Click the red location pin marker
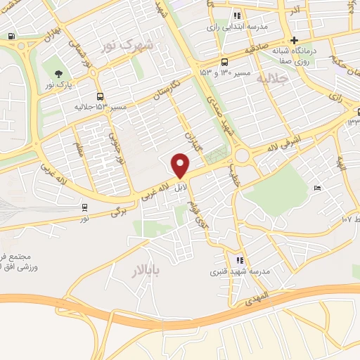coord(181,166)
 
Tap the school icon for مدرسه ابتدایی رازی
coord(238,15)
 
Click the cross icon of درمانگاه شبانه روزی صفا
coord(295,40)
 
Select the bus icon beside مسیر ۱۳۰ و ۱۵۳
coord(224,60)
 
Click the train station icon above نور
coord(85,207)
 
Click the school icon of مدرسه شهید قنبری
coord(240,260)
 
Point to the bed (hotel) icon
coord(318,188)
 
